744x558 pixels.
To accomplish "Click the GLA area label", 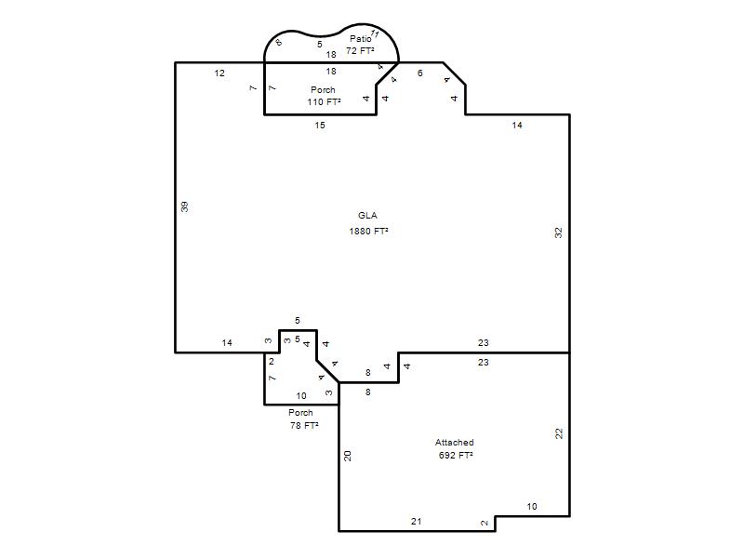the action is [x=367, y=216].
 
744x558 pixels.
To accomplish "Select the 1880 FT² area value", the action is [x=368, y=231].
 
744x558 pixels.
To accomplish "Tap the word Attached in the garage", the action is [x=455, y=443].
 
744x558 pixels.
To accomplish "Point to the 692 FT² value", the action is [x=456, y=455].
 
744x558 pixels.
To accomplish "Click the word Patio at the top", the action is [x=361, y=38].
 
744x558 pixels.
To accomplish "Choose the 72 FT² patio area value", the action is [x=360, y=50].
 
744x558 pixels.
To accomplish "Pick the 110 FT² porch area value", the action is [x=324, y=101].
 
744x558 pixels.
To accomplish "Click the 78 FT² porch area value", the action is [x=304, y=425].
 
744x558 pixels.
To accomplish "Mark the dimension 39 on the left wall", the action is [x=184, y=206].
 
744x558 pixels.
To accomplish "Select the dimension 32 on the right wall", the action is [x=559, y=232].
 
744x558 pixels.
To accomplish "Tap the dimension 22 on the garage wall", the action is [x=559, y=433].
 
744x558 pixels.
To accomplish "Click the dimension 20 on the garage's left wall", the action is [x=347, y=456].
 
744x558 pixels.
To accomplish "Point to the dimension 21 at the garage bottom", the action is [x=416, y=521].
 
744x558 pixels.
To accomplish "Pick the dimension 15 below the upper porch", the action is [x=320, y=126].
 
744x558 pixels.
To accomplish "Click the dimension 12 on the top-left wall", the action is [x=219, y=73].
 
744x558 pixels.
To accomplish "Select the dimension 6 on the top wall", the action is [x=420, y=73].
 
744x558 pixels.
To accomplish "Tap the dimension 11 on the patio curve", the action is [x=375, y=33].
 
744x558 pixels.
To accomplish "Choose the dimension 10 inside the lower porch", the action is [x=301, y=396].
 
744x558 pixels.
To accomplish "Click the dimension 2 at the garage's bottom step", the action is [x=485, y=523].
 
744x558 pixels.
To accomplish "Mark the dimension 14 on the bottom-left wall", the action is [x=227, y=342].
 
